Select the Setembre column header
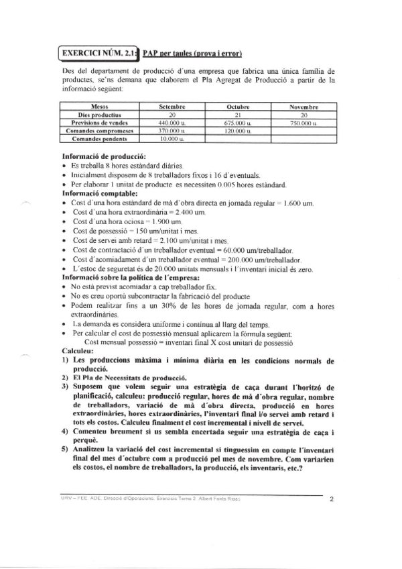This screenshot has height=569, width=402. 172,107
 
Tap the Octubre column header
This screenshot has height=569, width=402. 238,107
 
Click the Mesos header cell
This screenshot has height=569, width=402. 98,107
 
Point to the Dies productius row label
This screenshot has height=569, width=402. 98,115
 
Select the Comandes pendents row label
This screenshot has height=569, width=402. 98,139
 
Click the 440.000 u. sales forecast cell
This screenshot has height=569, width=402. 172,123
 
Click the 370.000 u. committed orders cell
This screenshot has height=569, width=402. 172,131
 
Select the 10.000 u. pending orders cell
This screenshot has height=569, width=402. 172,139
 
